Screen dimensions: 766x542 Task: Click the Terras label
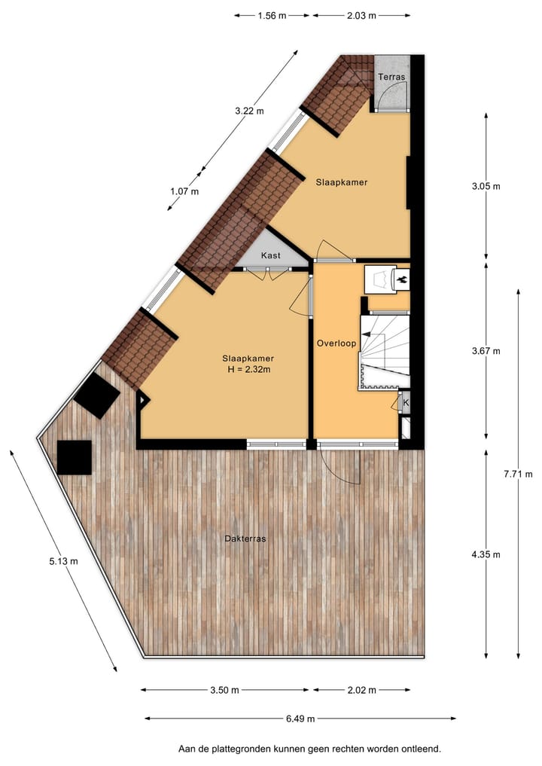tap(391, 78)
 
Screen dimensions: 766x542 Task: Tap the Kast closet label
tap(271, 256)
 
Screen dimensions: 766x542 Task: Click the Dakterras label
tap(245, 539)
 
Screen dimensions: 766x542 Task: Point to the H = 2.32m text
tap(248, 369)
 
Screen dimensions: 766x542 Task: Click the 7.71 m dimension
tap(518, 474)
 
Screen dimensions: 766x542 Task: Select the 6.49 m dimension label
tap(300, 719)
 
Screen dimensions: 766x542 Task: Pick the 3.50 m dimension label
tap(224, 690)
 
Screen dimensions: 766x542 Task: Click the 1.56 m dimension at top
tap(272, 14)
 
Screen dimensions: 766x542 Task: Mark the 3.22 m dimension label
tap(249, 111)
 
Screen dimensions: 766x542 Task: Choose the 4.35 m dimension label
tap(486, 554)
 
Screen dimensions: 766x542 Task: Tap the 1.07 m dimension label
tap(184, 191)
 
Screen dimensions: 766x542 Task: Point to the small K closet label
tap(406, 403)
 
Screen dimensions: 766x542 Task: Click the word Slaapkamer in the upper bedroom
tap(341, 182)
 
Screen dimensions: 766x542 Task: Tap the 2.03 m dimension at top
tap(361, 14)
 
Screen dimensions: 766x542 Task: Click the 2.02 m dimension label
tap(362, 690)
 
